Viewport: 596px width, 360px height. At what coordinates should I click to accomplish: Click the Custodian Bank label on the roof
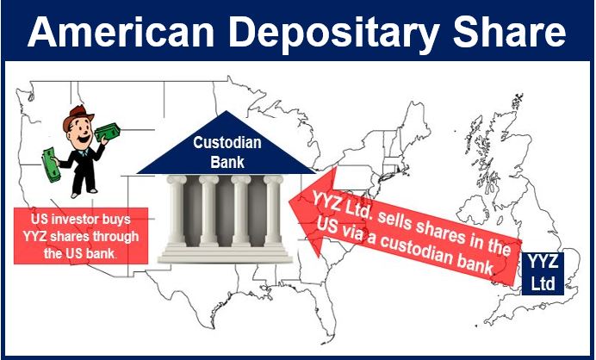[227, 152]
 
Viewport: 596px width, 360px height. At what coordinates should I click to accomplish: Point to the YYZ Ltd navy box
[543, 273]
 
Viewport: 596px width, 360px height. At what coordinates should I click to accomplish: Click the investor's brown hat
[78, 116]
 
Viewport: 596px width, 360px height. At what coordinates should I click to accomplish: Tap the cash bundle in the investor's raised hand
[108, 133]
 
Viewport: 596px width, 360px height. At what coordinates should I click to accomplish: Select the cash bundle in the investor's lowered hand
[51, 165]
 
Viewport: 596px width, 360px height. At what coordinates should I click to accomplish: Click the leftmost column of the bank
[177, 211]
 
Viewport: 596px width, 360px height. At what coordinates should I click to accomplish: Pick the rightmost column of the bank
[273, 211]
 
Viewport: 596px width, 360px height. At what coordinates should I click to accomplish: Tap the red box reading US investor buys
[81, 236]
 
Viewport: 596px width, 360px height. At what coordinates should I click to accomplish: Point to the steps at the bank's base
[226, 254]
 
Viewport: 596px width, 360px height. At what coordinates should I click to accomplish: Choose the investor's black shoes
[84, 193]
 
